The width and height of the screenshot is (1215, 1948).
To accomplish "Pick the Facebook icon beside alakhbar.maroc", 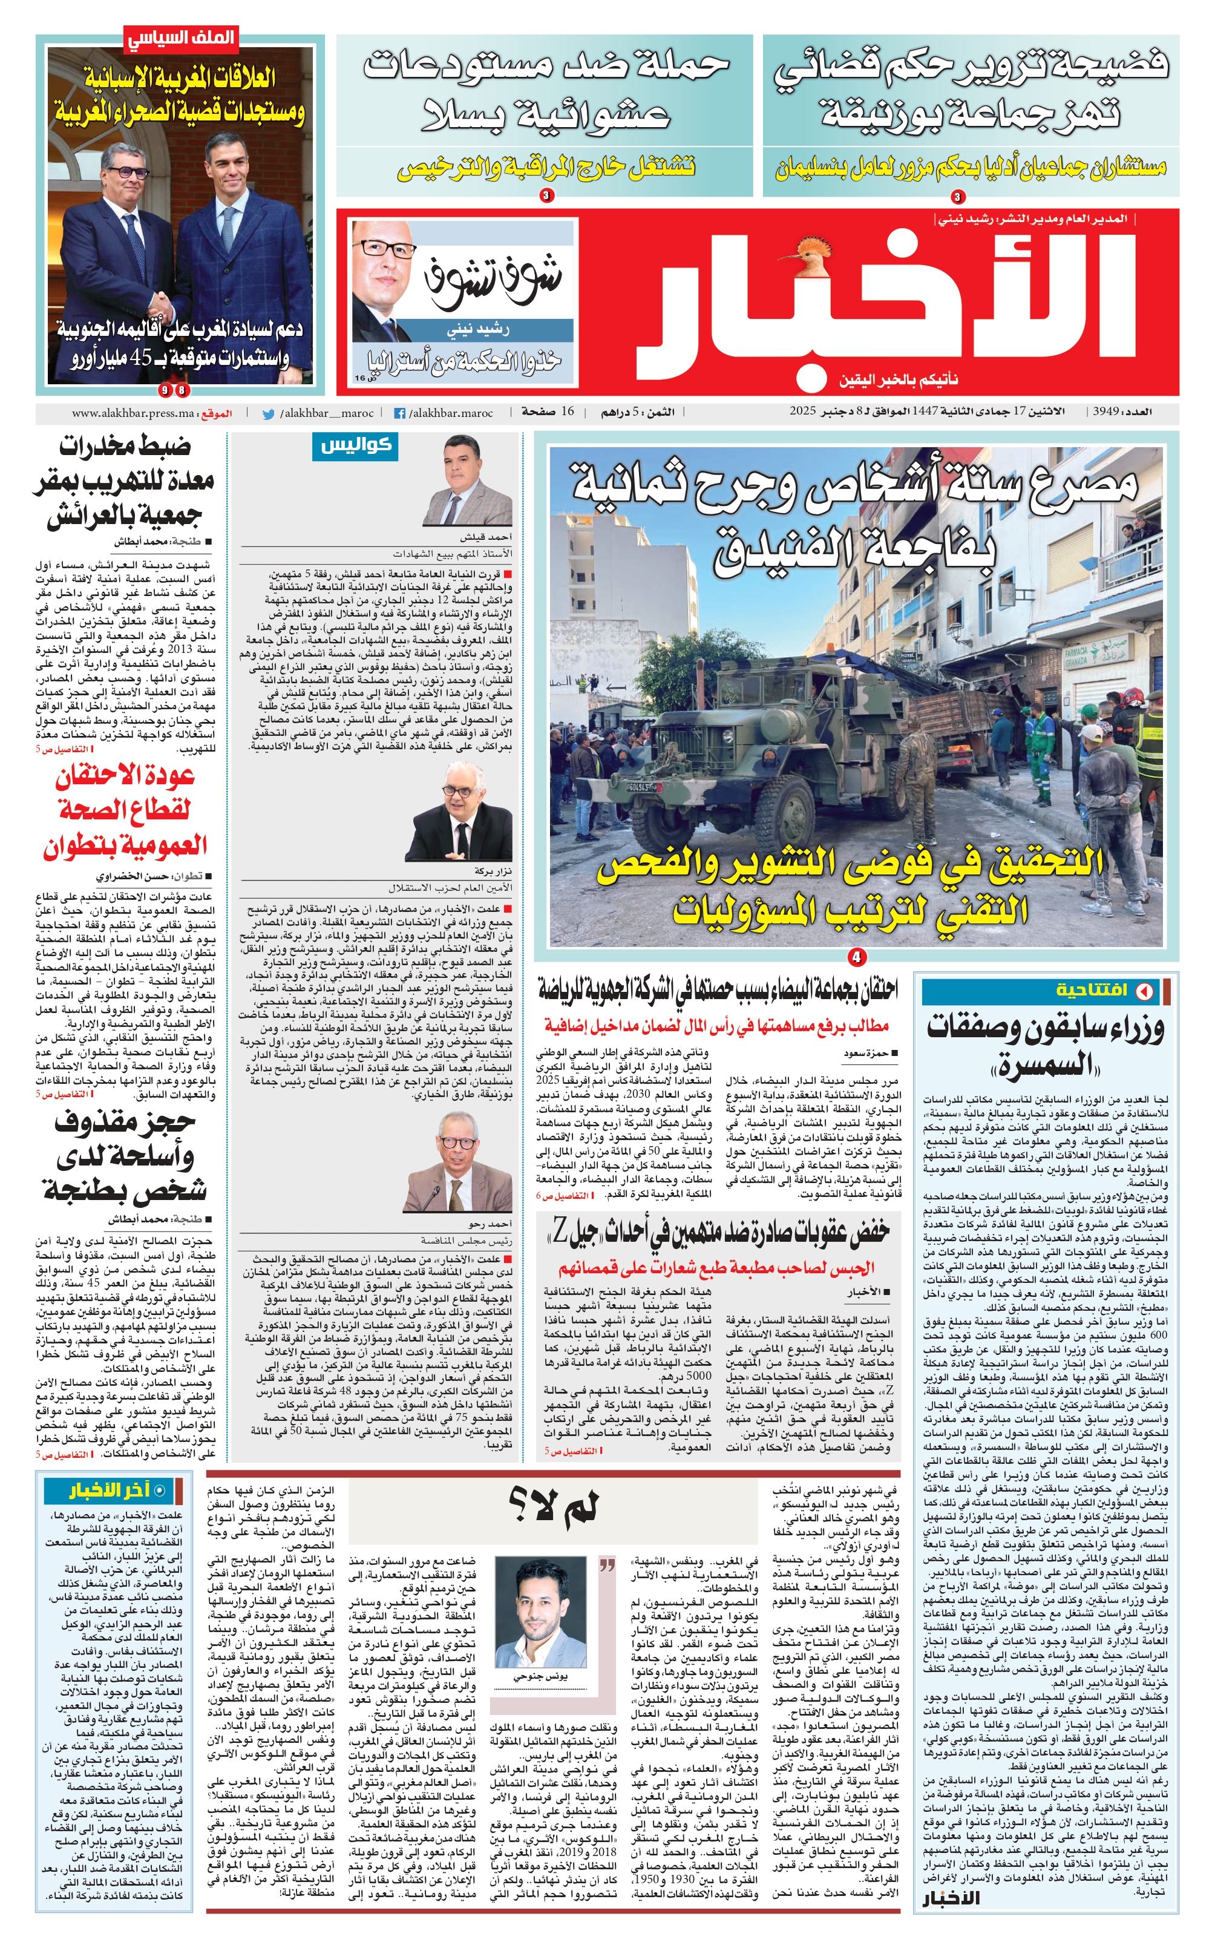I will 399,414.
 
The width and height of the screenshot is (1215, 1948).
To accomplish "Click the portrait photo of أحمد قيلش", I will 478,490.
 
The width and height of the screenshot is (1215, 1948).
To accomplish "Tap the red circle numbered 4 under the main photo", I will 857,957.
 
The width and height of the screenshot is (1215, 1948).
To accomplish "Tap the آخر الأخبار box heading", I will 110,1492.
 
